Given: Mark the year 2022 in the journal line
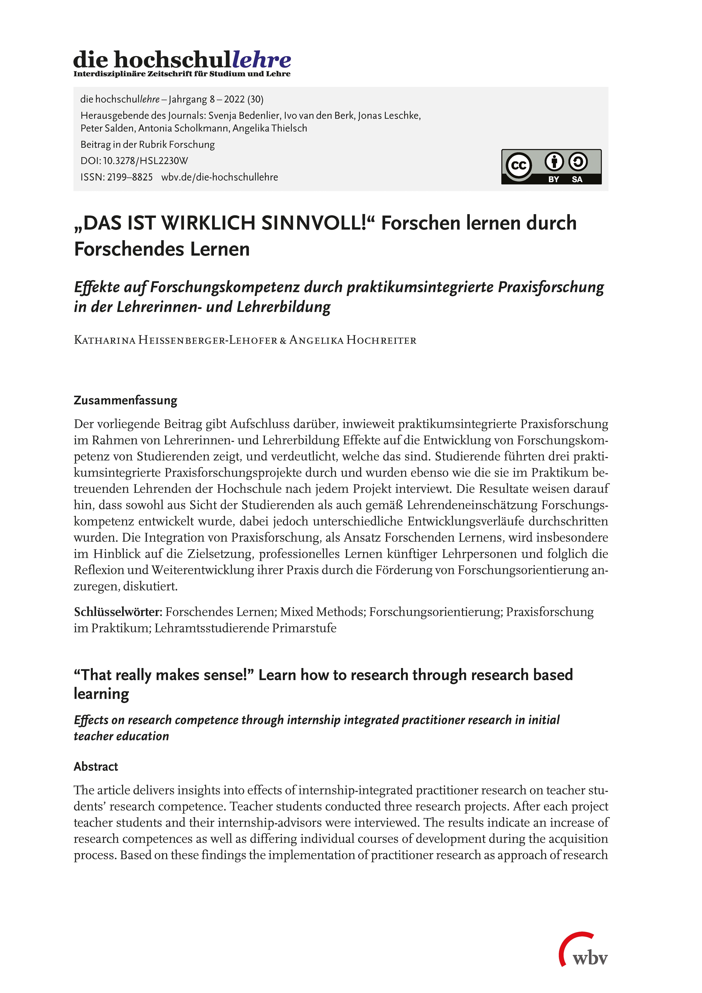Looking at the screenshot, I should (x=234, y=99).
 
